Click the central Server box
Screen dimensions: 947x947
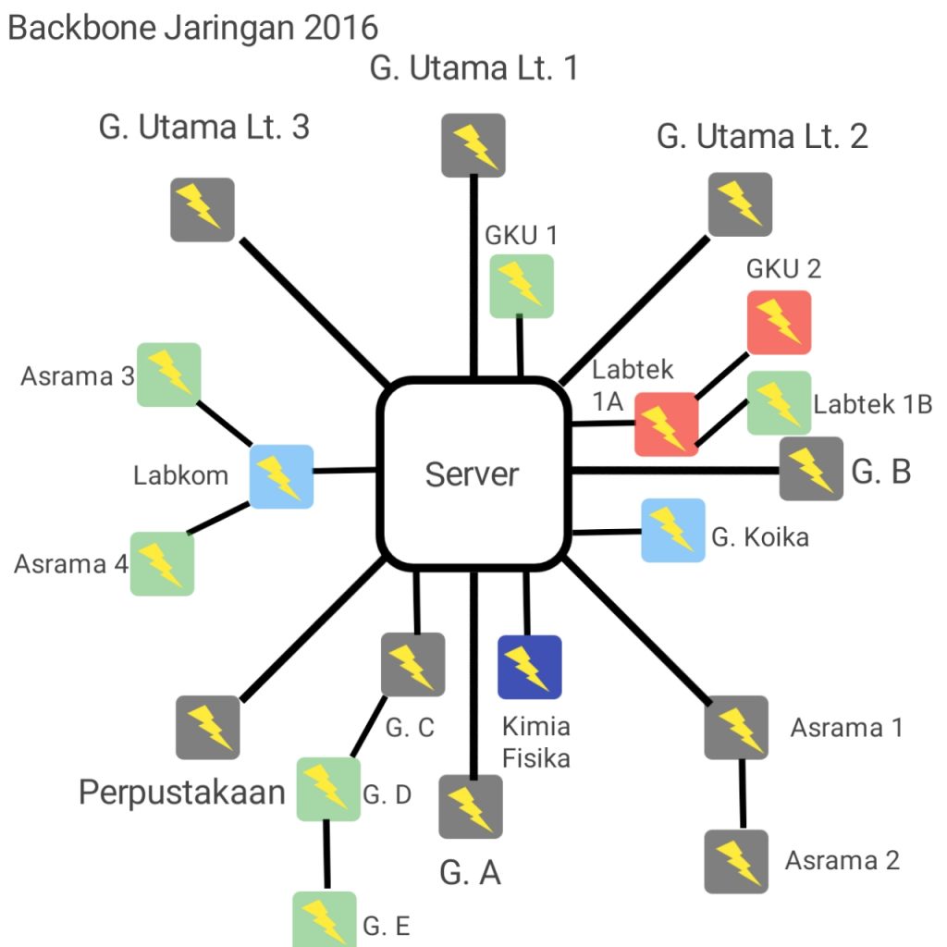tap(473, 473)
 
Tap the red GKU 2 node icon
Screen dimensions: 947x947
tap(779, 323)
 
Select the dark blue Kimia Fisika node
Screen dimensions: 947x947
tap(529, 667)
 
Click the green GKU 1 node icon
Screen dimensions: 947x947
tap(522, 286)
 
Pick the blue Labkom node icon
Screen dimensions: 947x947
tap(282, 476)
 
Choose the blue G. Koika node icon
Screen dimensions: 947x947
tap(673, 530)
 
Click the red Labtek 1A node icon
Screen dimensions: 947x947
tap(666, 424)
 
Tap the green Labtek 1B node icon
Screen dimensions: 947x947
tap(779, 402)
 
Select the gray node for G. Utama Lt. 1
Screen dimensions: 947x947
tap(473, 145)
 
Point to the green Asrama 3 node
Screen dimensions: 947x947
tap(169, 374)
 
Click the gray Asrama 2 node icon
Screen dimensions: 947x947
tap(736, 861)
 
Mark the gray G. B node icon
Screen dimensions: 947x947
tap(811, 469)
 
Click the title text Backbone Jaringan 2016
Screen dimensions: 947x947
tap(192, 27)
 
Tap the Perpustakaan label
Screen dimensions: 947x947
tap(181, 793)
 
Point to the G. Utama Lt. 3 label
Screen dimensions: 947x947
tap(204, 128)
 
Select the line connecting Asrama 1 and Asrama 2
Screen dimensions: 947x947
tap(740, 793)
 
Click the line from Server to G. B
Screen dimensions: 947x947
tap(675, 471)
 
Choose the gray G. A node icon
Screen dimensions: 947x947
tap(471, 806)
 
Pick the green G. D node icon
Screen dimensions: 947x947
tap(328, 789)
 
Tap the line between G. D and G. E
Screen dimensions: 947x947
tap(326, 855)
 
